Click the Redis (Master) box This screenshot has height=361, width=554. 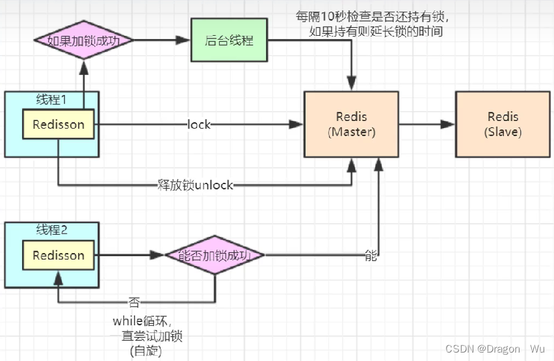point(351,124)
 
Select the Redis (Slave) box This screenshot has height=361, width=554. point(503,124)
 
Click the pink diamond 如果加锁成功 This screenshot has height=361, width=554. point(83,40)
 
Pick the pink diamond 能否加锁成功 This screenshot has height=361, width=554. point(215,256)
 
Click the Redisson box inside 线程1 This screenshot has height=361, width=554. point(59,124)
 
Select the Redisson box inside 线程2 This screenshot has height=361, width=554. point(59,256)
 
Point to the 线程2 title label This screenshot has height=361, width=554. point(52,230)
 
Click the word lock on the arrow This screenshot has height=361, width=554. point(199,124)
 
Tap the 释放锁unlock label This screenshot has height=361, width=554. point(195,185)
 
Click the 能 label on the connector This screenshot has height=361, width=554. point(371,256)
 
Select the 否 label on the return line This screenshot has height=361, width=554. point(133,302)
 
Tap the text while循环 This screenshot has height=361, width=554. point(141,321)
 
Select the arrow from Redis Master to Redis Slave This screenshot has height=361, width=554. point(427,124)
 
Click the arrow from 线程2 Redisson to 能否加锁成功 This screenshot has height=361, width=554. point(130,256)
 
